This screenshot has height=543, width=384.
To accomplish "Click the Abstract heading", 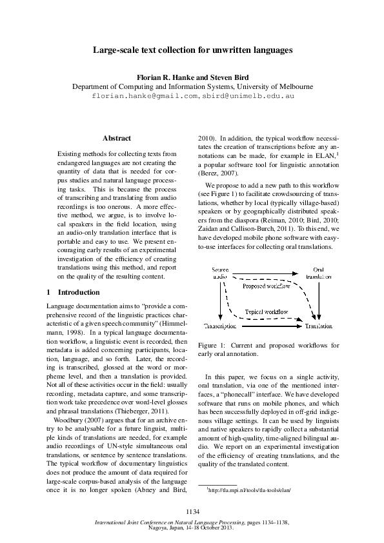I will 117,138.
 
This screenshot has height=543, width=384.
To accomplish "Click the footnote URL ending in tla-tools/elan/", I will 249,489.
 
